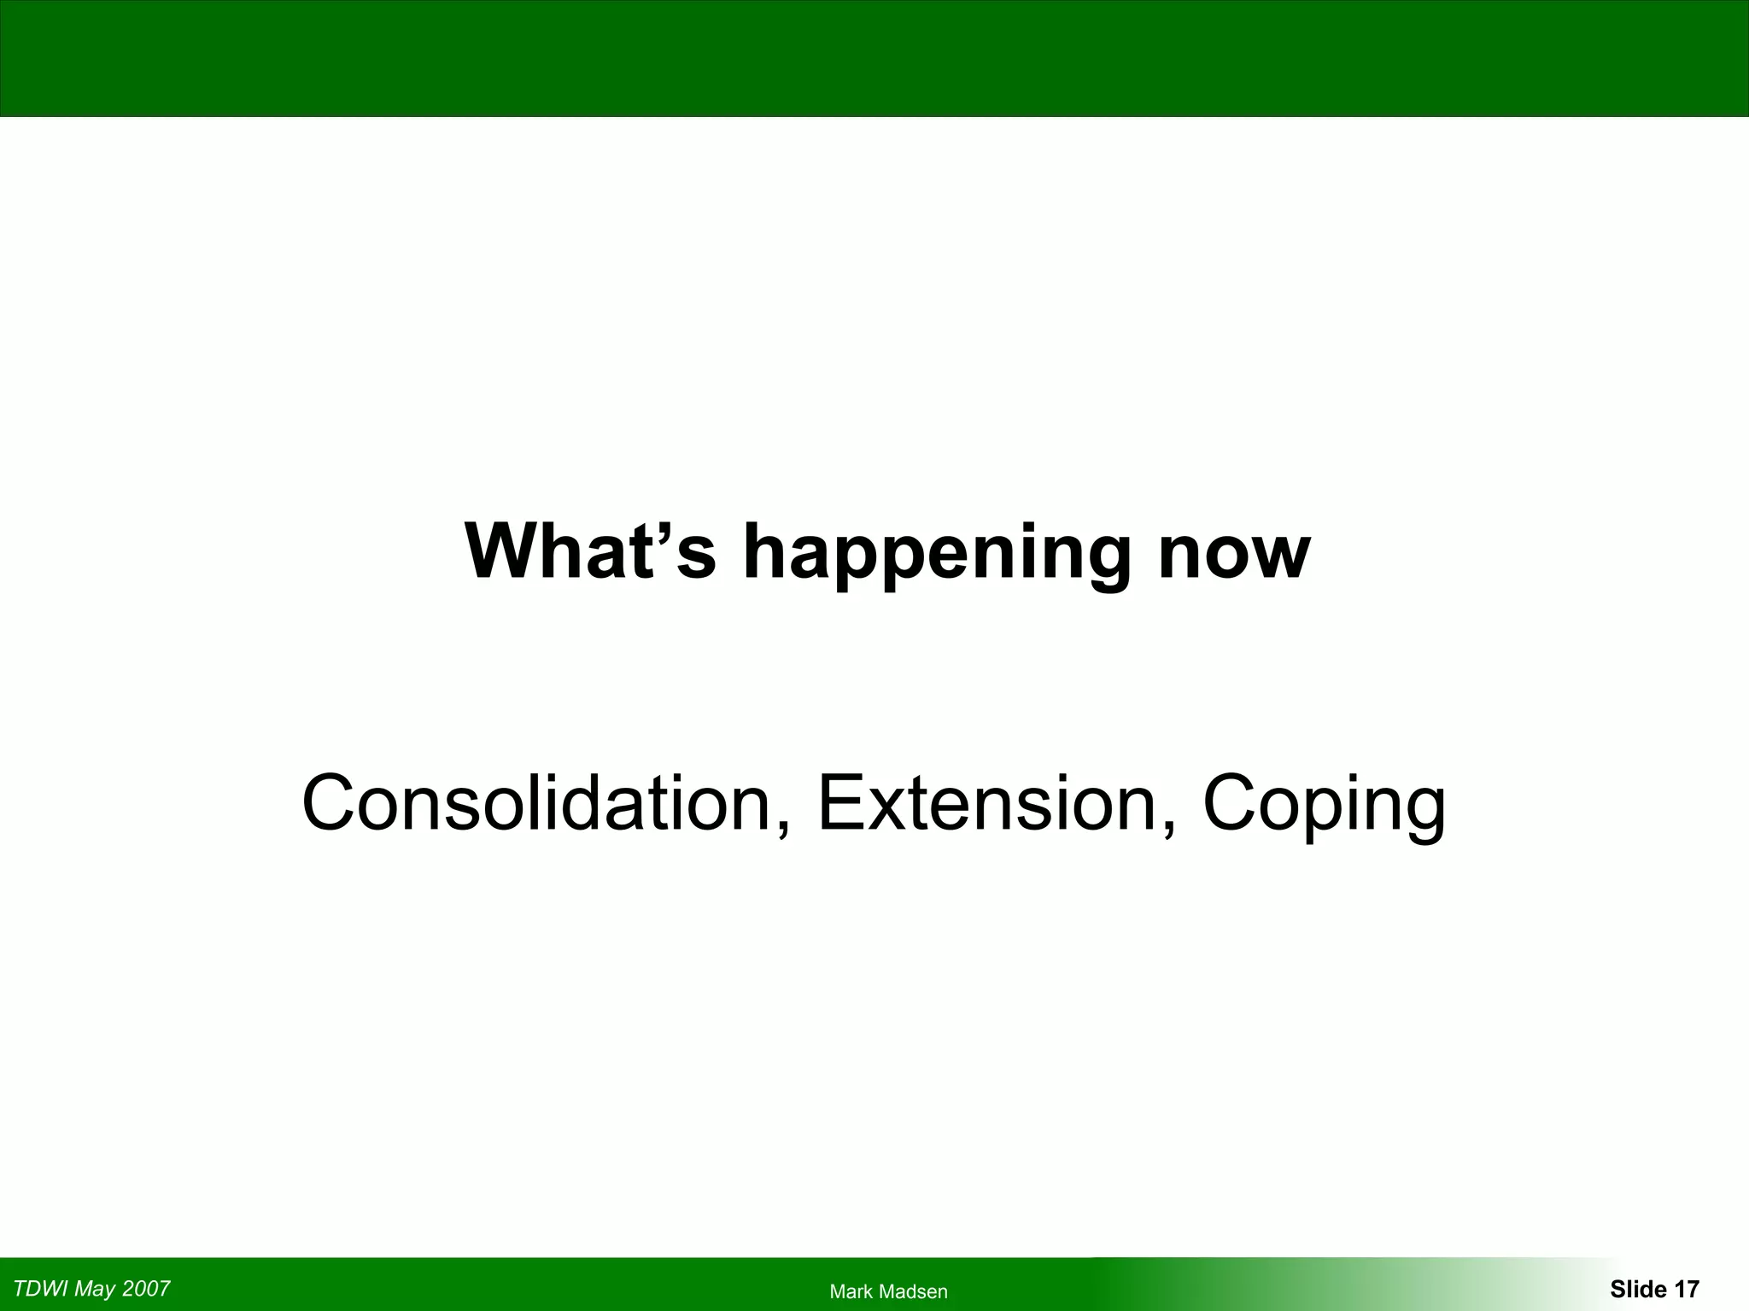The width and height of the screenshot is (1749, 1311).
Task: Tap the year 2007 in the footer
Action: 146,1289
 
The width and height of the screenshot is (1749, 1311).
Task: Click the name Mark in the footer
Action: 851,1292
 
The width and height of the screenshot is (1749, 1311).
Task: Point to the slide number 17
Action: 1687,1289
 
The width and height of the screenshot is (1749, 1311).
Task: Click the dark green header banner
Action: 874,58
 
